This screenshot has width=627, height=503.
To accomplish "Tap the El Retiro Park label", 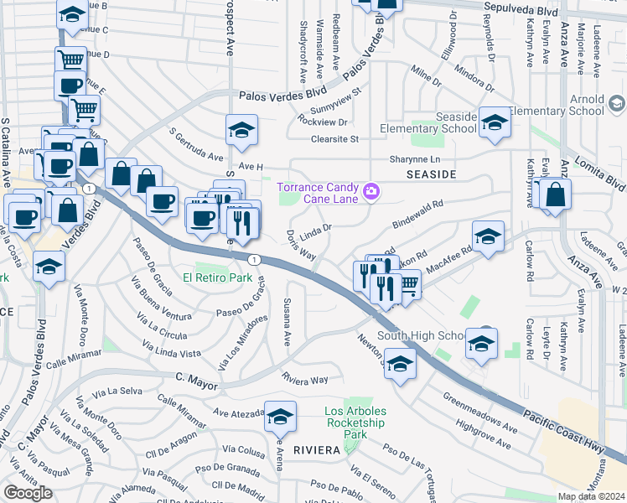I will (218, 277).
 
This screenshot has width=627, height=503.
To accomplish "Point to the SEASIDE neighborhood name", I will (431, 174).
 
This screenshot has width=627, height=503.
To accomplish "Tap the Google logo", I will (28, 492).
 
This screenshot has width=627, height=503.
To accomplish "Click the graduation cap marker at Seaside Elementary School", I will (495, 125).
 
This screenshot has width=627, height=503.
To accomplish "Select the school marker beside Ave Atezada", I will (280, 415).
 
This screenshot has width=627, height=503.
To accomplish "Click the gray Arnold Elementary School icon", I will (616, 105).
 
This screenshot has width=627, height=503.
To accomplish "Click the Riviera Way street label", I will (304, 380).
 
